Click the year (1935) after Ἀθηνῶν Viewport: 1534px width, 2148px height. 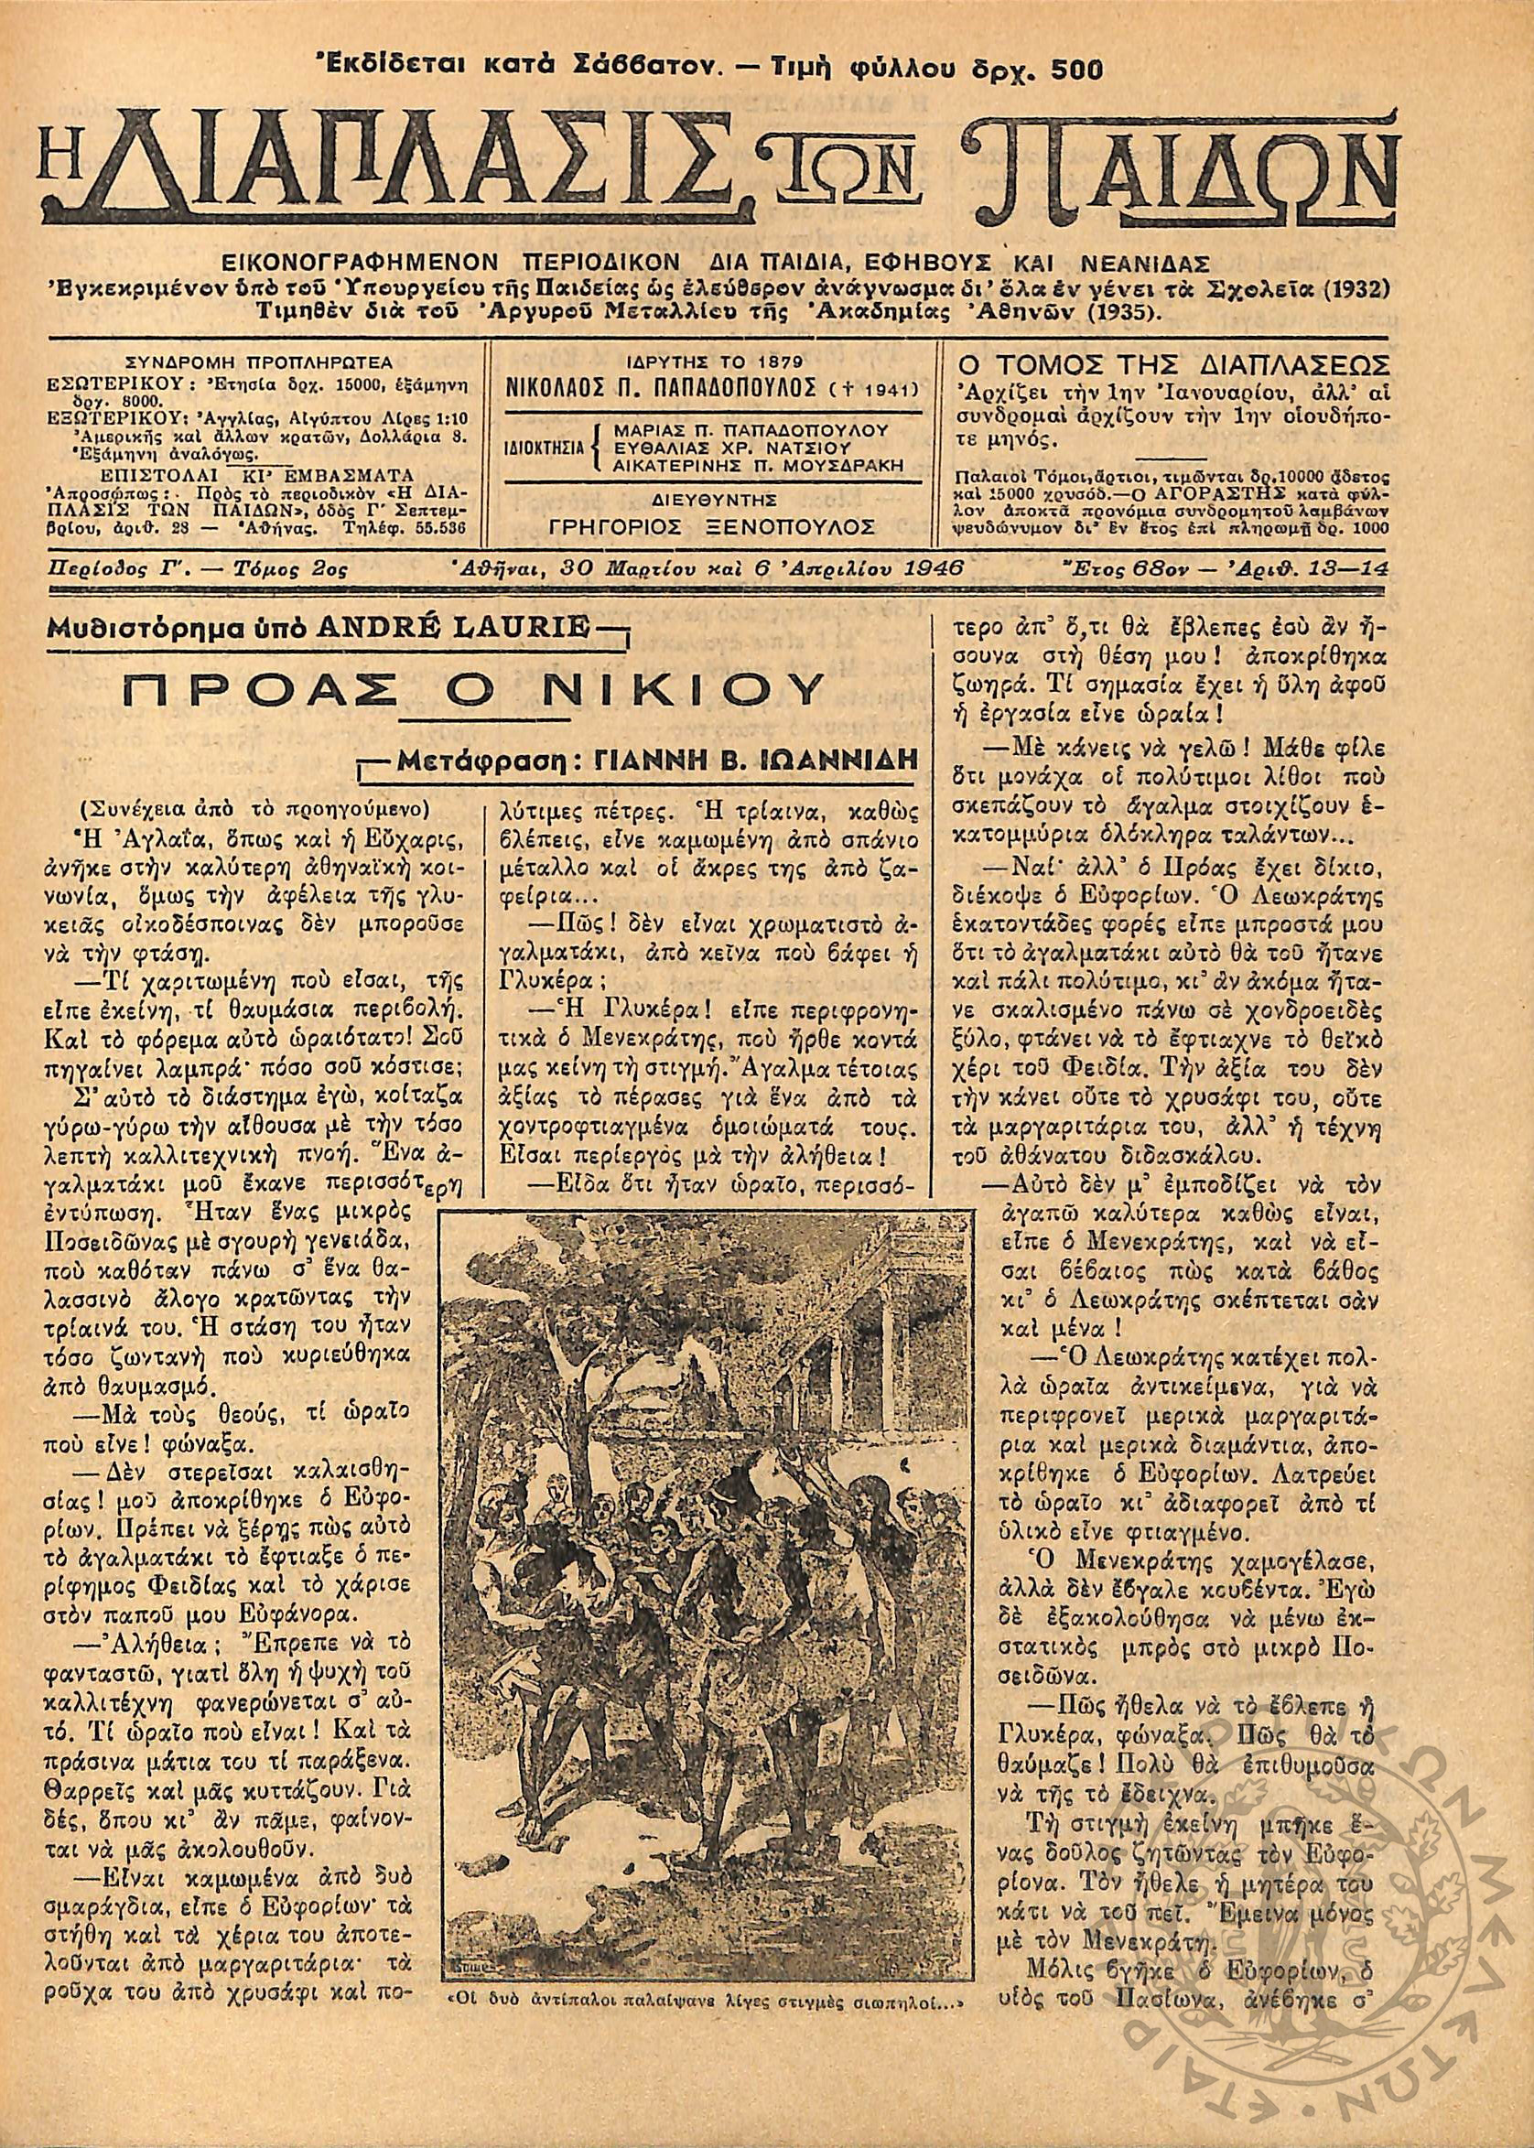1118,313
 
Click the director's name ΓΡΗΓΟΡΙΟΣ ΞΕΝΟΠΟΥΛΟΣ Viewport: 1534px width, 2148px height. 712,525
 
